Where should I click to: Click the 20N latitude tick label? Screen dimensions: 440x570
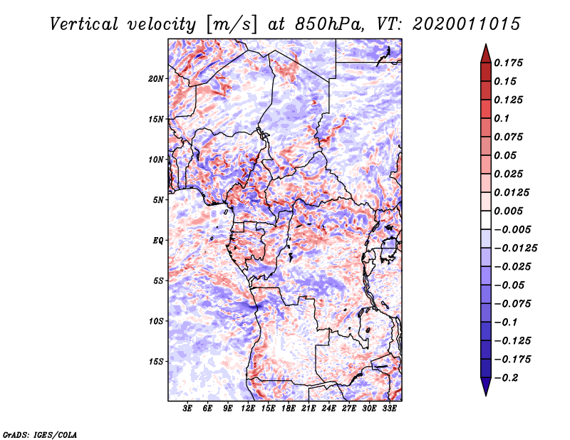coord(156,78)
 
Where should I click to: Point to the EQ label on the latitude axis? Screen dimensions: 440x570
coord(158,240)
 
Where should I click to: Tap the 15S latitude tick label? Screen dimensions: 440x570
coord(156,361)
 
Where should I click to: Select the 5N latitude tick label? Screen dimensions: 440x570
coord(158,200)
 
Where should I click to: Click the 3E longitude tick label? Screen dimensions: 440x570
coord(188,409)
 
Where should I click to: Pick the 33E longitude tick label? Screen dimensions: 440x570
coord(389,409)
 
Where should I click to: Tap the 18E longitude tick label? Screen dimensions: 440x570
coord(289,409)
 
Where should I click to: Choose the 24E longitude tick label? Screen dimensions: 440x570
coord(328,409)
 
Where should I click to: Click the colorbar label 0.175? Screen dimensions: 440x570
coord(509,63)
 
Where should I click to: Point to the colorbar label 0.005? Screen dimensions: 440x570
coord(509,211)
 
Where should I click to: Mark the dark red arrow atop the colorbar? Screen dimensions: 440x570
coord(484,53)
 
